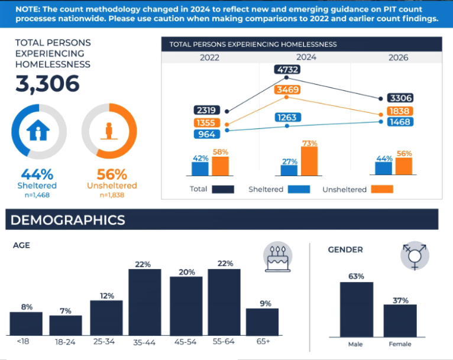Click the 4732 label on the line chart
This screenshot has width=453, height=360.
click(x=287, y=70)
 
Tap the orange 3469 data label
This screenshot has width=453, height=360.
click(x=287, y=89)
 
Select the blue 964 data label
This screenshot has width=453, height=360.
click(x=207, y=134)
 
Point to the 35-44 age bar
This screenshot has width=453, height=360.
click(x=145, y=302)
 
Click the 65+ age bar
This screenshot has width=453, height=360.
click(x=263, y=322)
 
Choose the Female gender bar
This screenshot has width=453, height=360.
click(x=400, y=321)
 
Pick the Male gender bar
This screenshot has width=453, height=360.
click(x=357, y=310)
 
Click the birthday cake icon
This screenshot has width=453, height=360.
click(x=278, y=257)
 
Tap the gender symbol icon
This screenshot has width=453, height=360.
click(x=415, y=256)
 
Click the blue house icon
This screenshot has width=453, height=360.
click(x=38, y=130)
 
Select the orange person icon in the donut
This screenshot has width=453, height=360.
click(x=109, y=131)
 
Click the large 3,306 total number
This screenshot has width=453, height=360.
click(x=47, y=84)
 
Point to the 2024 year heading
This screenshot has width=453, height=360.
click(x=306, y=57)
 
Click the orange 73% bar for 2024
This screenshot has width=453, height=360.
click(x=309, y=161)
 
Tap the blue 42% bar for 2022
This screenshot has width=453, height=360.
click(x=200, y=169)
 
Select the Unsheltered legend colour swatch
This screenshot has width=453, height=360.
click(x=382, y=189)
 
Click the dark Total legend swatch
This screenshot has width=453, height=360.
click(x=223, y=189)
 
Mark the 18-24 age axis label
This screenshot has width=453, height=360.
click(x=65, y=342)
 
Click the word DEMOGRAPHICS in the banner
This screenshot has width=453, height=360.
click(x=68, y=220)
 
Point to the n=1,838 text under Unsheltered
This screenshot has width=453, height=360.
click(x=112, y=195)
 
